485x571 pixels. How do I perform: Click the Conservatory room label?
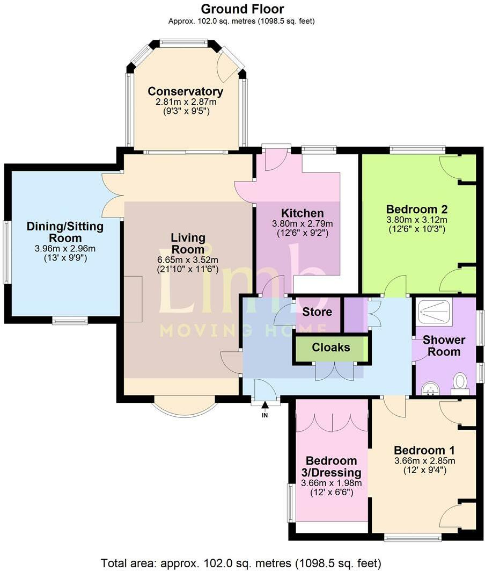[185, 91]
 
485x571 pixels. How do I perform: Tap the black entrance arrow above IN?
[265, 404]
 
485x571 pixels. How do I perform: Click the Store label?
[317, 312]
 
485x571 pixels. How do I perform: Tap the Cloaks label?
[330, 348]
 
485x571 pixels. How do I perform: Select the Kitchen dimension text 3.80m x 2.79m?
[303, 223]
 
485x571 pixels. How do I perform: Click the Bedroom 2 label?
[417, 209]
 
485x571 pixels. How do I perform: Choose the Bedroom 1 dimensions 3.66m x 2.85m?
[424, 461]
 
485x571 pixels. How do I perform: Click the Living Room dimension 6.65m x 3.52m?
[188, 260]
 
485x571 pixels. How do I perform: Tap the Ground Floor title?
[242, 9]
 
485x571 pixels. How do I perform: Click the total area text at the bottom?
[241, 563]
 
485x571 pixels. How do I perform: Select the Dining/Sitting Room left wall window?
[6, 252]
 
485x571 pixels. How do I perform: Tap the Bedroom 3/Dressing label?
[331, 467]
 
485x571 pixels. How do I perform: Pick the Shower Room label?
[444, 346]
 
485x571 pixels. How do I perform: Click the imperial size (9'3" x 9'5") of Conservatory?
[186, 111]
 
